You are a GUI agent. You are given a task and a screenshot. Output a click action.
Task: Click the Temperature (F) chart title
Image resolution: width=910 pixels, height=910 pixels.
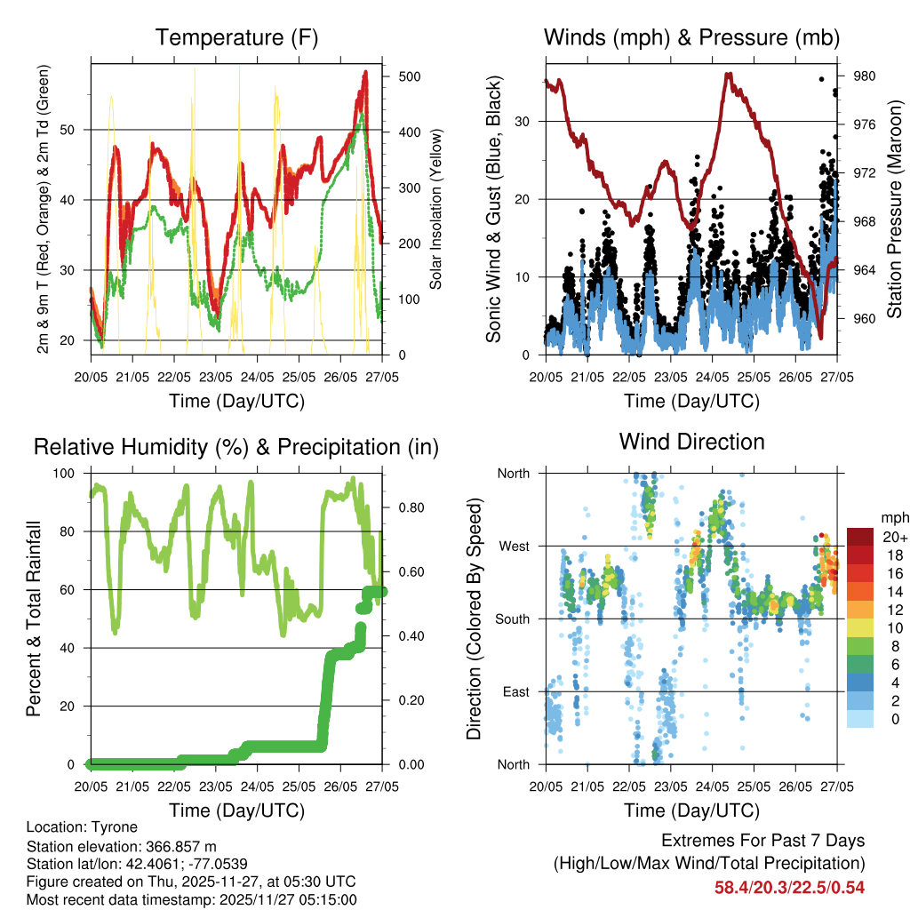[x=235, y=37]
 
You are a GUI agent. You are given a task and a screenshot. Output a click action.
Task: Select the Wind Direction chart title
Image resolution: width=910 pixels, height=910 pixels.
[x=691, y=441]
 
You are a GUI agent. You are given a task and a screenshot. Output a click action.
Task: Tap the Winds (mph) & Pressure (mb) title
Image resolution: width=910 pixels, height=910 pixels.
[x=691, y=37]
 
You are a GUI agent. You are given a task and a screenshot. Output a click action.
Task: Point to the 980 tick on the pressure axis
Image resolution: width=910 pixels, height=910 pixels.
[x=865, y=76]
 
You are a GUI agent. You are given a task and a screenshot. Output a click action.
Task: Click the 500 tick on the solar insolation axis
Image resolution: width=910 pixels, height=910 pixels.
[x=408, y=76]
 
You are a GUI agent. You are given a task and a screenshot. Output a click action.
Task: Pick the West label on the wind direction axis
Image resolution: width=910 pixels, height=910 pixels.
[x=513, y=546]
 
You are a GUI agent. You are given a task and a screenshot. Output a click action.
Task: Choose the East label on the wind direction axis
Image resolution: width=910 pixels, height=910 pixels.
[x=515, y=691]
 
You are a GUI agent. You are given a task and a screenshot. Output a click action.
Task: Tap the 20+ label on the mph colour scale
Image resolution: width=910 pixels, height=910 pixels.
[x=892, y=537]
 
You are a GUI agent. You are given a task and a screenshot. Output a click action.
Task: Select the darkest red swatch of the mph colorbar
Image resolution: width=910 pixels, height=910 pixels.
[x=859, y=537]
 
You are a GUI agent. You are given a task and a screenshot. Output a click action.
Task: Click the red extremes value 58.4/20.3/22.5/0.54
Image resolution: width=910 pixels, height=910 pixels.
[x=789, y=887]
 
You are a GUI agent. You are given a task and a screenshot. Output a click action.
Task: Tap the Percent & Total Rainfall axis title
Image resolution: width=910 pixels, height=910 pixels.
[x=33, y=619]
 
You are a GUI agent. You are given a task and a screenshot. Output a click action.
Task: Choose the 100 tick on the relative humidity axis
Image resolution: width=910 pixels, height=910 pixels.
[x=69, y=474]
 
